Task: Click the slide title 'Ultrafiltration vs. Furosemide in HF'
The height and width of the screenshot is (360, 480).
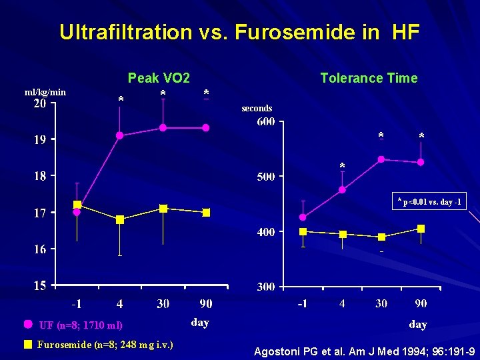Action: click(x=239, y=33)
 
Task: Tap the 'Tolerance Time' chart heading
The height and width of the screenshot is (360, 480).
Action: click(x=369, y=78)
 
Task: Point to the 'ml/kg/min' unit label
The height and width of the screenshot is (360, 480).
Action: click(x=45, y=92)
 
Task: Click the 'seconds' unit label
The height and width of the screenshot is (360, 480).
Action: click(x=257, y=108)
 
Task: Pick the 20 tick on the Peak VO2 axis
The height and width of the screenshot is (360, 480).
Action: click(x=40, y=104)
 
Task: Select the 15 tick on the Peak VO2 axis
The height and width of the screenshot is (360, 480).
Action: click(x=40, y=285)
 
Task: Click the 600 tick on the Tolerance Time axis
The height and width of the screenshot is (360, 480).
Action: click(x=266, y=122)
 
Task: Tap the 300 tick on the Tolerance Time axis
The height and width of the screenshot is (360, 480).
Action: click(x=266, y=287)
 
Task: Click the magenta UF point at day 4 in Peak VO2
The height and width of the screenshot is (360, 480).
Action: click(x=120, y=135)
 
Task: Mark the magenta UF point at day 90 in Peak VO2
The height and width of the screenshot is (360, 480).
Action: click(x=206, y=127)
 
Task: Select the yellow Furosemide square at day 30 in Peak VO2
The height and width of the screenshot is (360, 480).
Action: click(x=163, y=209)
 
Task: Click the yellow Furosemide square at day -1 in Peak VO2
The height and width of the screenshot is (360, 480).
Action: click(x=77, y=205)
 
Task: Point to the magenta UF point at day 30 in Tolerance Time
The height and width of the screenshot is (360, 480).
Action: click(x=381, y=159)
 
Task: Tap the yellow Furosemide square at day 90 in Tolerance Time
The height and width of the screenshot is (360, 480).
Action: click(x=421, y=229)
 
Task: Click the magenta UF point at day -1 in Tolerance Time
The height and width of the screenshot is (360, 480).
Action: click(x=303, y=217)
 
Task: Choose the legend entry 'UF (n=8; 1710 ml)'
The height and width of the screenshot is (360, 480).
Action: click(x=80, y=325)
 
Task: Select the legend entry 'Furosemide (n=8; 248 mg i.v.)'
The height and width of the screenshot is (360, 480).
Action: click(x=100, y=345)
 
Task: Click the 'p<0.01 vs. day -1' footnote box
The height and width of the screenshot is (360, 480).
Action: click(x=429, y=202)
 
